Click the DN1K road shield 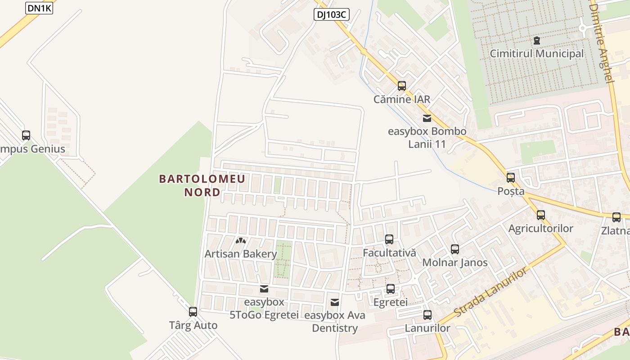(x=39, y=8)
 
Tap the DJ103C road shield (x=331, y=14)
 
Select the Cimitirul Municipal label (x=536, y=54)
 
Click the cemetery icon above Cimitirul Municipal (x=536, y=40)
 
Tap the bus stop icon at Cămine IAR (x=401, y=85)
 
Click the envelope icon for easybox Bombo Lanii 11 (x=427, y=118)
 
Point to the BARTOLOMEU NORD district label (x=202, y=185)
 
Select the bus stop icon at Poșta (x=510, y=177)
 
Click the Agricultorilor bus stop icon (x=540, y=215)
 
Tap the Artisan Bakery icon (x=241, y=241)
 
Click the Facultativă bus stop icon (x=389, y=239)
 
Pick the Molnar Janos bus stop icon (x=454, y=249)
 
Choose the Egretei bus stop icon (x=390, y=288)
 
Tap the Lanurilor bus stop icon (x=427, y=315)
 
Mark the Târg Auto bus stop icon (x=193, y=311)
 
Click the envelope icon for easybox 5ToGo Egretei (x=264, y=288)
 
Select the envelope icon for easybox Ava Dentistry (x=334, y=302)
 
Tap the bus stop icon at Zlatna (x=616, y=217)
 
